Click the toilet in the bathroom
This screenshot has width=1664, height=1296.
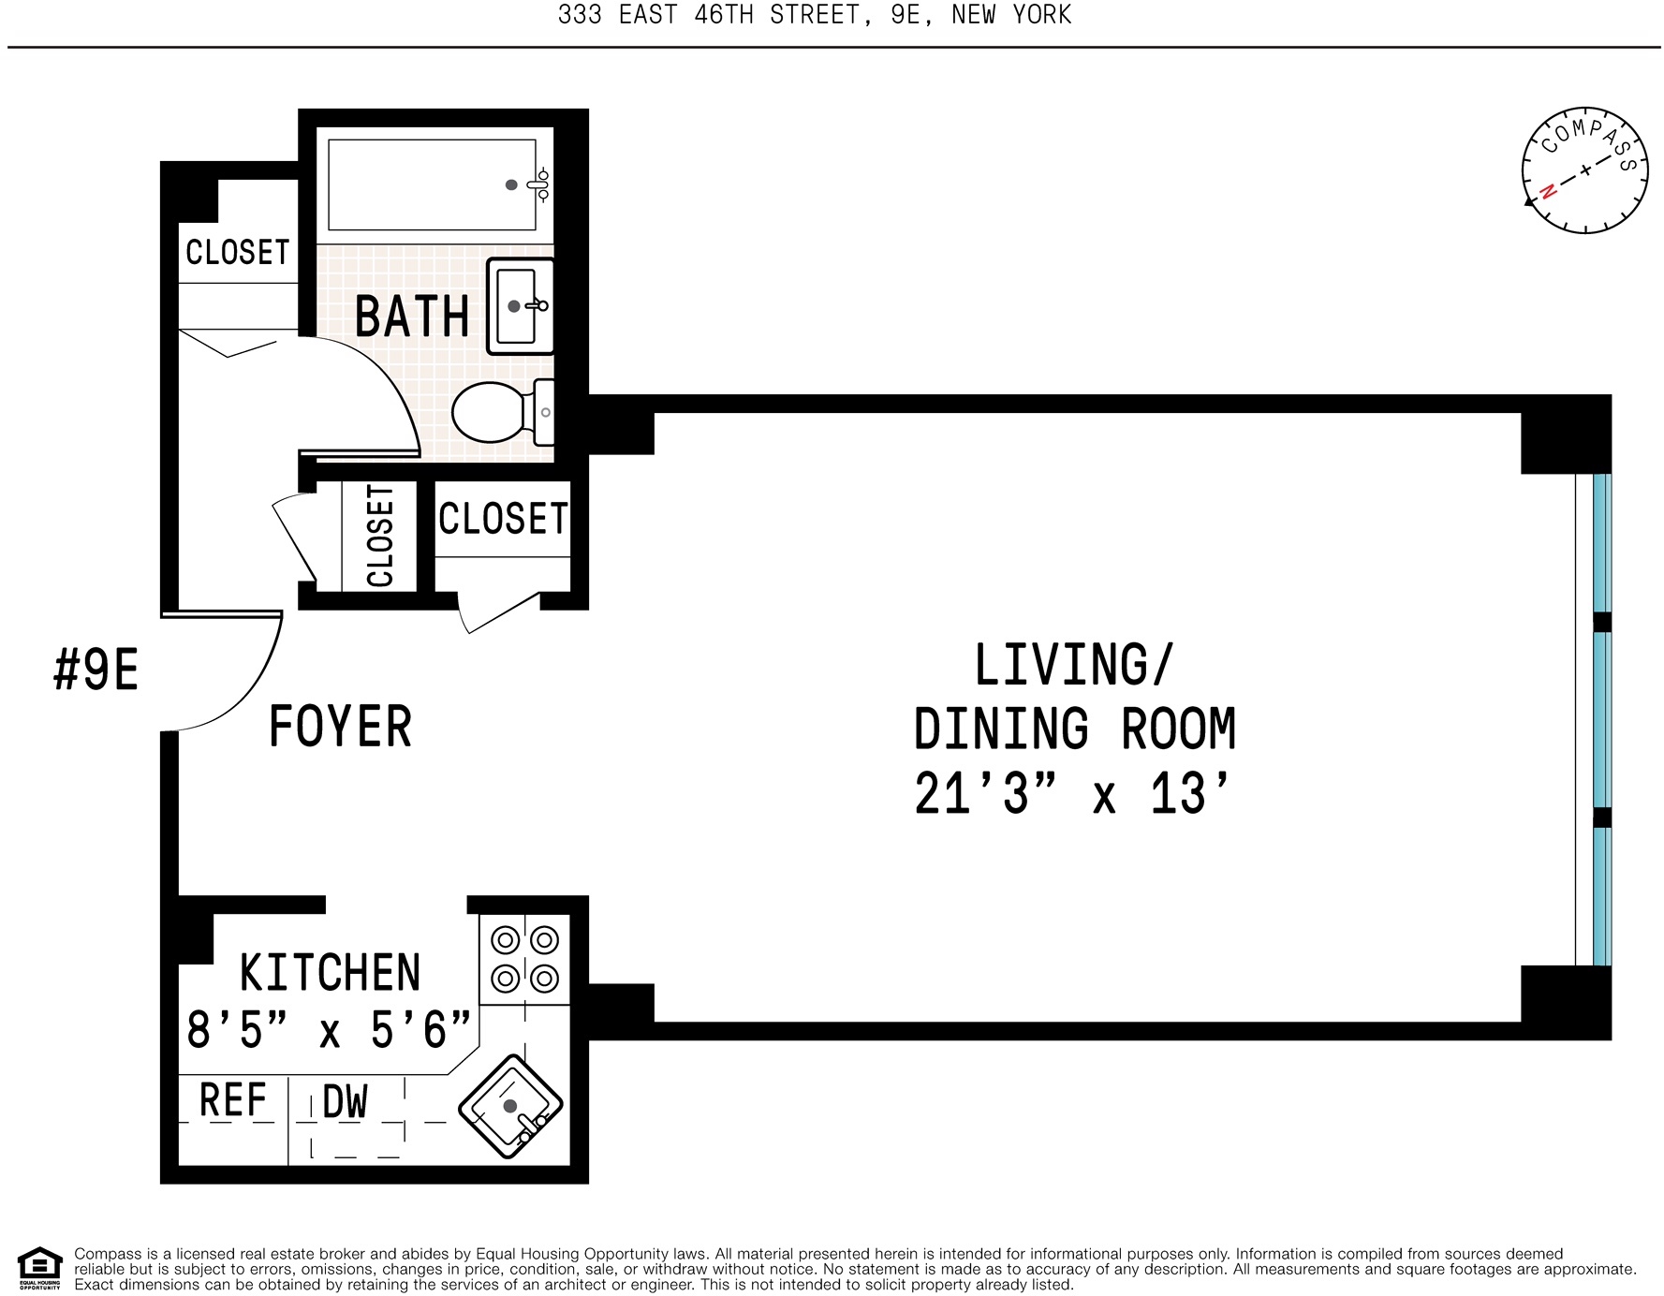pos(493,412)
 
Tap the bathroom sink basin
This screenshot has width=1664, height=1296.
pos(516,306)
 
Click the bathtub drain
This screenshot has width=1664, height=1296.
pos(511,184)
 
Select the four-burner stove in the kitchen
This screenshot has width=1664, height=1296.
pos(524,959)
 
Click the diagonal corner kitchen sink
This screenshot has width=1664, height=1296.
pos(510,1107)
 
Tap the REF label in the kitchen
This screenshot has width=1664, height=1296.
pos(233,1100)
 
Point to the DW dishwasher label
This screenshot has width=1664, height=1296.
pos(345,1102)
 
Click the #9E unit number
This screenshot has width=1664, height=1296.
pos(96,670)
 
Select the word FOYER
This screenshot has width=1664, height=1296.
pos(340,727)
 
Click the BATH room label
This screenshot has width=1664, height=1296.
pos(412,317)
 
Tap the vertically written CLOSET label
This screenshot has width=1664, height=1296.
pos(379,536)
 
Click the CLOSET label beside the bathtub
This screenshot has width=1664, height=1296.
pos(238,252)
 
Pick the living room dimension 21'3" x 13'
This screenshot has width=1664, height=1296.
pos(1071,794)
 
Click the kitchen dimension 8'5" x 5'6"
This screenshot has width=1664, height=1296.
pos(328,1030)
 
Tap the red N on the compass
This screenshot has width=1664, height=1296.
pos(1549,191)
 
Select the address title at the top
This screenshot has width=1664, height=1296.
pos(814,15)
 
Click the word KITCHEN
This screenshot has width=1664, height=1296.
pos(330,973)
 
